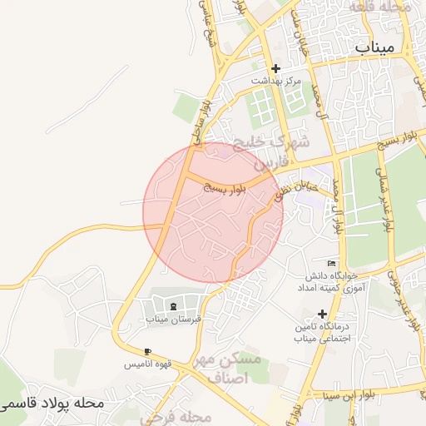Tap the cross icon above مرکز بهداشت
(276, 68)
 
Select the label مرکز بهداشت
(276, 82)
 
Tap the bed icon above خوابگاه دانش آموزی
(331, 263)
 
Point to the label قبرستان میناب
(169, 319)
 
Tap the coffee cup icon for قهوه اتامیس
(147, 351)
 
